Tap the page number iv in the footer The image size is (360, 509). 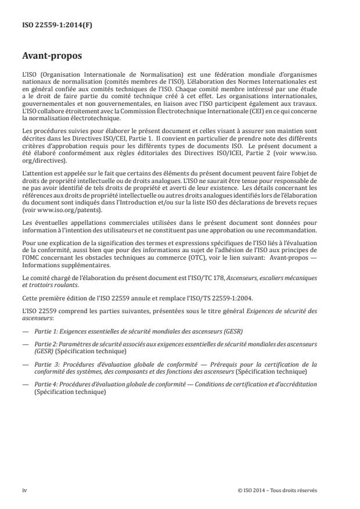(24, 490)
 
